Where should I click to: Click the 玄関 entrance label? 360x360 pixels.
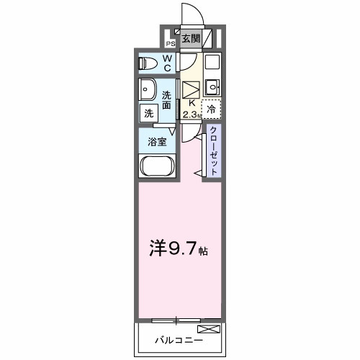coord(190,39)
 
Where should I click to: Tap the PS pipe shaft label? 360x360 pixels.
coord(171,42)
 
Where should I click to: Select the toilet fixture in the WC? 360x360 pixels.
coord(148,62)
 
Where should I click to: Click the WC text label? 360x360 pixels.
coord(166,63)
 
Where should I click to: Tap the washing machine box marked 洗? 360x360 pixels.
coord(148,112)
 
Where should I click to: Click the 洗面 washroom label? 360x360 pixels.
coord(166,99)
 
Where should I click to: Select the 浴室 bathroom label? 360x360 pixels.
coord(158,141)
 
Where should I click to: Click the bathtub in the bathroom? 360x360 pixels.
coord(158,168)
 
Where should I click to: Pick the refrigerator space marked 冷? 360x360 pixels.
coord(211,109)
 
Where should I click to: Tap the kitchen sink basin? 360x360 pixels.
coord(211,88)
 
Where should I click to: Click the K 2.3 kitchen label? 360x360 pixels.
coord(190,108)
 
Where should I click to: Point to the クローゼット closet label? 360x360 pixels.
coord(214,150)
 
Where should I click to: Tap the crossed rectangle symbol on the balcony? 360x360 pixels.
coord(210,329)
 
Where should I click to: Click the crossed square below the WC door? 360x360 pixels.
coord(190,91)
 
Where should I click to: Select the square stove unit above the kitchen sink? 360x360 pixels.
coord(211,62)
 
